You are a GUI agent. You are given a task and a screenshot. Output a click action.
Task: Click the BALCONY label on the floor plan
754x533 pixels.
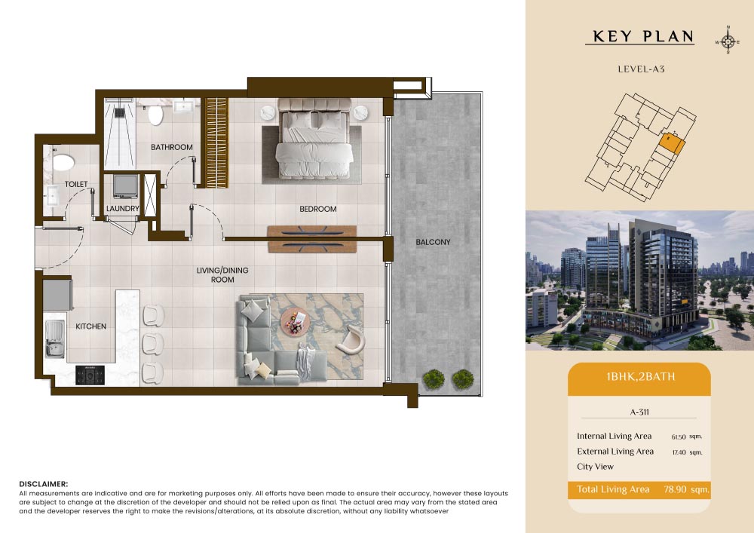(x=433, y=242)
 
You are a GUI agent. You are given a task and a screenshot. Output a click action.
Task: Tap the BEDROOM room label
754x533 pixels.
(x=318, y=209)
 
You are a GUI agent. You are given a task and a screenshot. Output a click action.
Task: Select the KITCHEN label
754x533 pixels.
(x=91, y=326)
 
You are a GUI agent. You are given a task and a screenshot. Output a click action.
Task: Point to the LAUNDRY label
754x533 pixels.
(x=123, y=209)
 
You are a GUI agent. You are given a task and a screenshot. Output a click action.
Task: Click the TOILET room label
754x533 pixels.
(x=76, y=184)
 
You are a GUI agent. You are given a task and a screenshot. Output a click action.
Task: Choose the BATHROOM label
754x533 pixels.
(x=172, y=147)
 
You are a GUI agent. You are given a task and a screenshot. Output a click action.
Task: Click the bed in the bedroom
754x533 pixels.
(x=314, y=139)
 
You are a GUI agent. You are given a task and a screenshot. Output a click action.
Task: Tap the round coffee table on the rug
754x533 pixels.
(x=293, y=321)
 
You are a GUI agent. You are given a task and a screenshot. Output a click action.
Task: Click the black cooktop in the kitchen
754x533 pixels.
(x=90, y=375)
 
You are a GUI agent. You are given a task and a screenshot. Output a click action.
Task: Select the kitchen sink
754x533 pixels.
(x=55, y=338)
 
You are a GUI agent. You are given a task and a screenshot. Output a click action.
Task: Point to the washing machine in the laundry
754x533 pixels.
(x=126, y=186)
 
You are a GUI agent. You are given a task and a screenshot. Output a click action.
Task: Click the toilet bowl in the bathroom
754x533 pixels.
(x=155, y=115)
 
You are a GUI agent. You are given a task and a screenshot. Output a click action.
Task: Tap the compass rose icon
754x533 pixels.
(x=728, y=41)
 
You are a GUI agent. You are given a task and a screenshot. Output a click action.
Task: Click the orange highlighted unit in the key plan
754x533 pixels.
(x=672, y=143)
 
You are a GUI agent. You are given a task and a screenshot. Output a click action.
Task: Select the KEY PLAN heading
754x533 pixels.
(x=643, y=36)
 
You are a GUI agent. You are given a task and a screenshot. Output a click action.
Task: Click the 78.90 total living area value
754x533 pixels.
(x=675, y=489)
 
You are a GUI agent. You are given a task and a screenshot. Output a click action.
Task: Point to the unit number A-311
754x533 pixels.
(x=639, y=412)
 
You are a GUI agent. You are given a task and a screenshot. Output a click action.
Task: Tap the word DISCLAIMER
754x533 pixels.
(x=44, y=484)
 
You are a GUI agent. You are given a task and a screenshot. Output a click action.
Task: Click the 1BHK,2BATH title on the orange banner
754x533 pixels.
(x=640, y=376)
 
